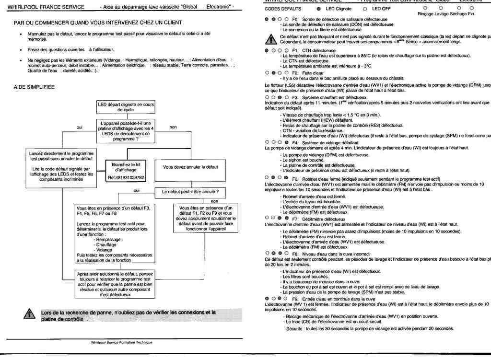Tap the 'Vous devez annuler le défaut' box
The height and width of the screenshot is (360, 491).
coord(191,167)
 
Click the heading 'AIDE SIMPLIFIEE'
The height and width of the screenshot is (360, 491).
coord(35,87)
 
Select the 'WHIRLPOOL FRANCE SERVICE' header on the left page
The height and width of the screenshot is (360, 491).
coord(46,7)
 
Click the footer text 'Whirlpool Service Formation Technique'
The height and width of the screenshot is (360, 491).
coord(121,342)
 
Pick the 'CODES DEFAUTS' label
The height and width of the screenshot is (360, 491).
coord(283,9)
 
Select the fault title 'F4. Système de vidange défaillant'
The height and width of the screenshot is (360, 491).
coord(324,142)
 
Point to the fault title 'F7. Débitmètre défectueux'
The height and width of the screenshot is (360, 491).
coord(318,219)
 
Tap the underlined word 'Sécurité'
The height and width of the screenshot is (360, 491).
coord(294,328)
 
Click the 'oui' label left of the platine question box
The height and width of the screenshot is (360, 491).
coord(80,127)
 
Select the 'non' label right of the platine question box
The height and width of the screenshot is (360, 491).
coord(174,127)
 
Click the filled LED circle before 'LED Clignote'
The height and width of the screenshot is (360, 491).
coord(319,9)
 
